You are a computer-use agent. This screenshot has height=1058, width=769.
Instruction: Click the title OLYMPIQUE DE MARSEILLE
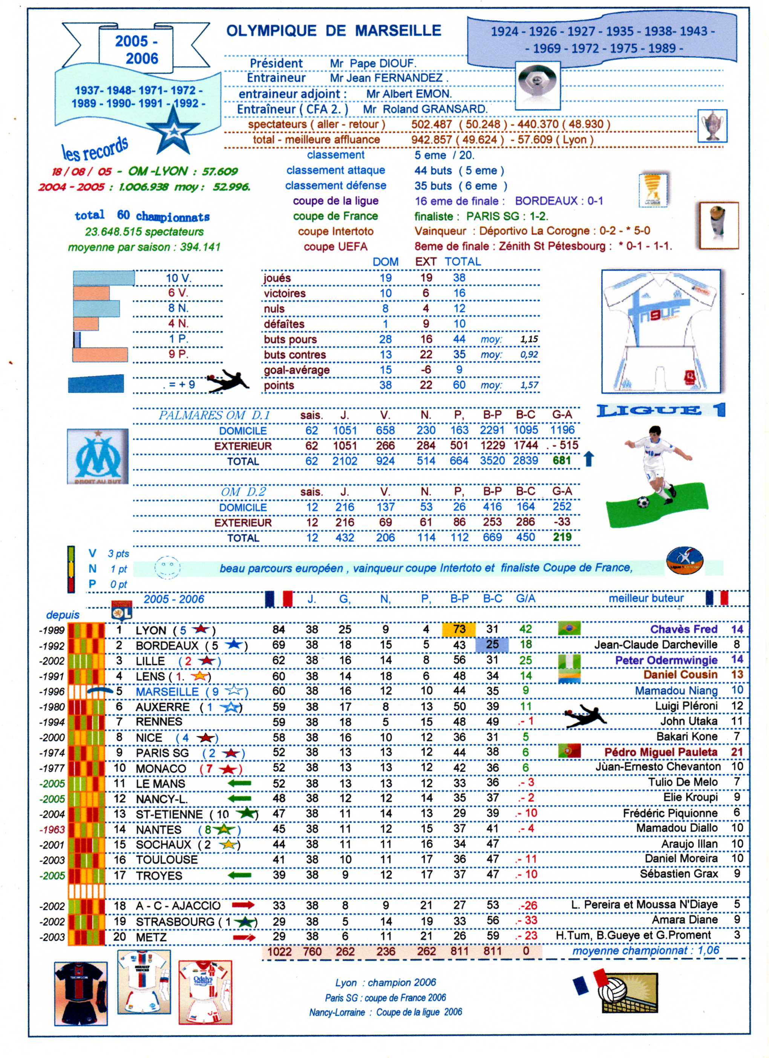(334, 31)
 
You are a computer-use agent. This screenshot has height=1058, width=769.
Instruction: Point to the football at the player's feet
(643, 502)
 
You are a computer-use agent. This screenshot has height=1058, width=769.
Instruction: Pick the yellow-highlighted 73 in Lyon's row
(459, 629)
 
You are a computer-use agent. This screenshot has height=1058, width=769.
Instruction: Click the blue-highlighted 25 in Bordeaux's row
(492, 645)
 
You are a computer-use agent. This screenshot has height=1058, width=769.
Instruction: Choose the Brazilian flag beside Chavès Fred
(569, 629)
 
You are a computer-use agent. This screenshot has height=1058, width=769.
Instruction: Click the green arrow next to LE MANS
(239, 783)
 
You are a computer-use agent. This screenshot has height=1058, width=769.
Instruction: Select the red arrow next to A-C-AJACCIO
(243, 905)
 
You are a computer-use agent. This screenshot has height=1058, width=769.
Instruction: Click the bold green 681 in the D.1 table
(562, 461)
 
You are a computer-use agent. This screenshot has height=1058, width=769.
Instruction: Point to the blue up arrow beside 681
(589, 459)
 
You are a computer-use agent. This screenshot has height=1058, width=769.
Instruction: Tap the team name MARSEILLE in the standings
(167, 691)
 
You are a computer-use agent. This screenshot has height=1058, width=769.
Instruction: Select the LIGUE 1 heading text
(661, 410)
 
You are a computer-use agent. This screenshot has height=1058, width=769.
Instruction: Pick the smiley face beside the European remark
(167, 568)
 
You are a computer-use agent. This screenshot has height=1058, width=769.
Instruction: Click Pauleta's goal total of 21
(737, 752)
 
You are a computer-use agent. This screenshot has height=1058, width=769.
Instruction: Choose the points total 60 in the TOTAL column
(459, 385)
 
